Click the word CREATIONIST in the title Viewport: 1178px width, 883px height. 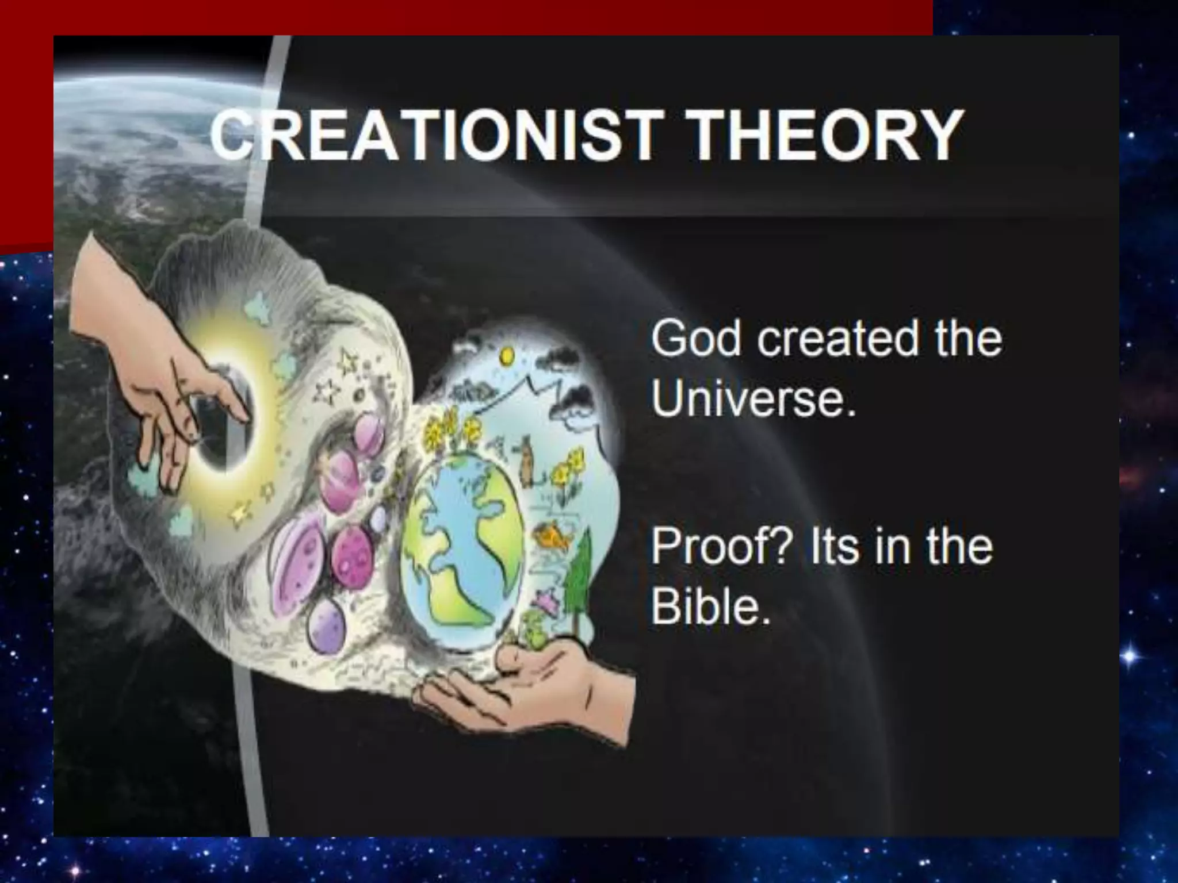coord(431,136)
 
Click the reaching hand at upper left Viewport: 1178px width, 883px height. coord(150,368)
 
